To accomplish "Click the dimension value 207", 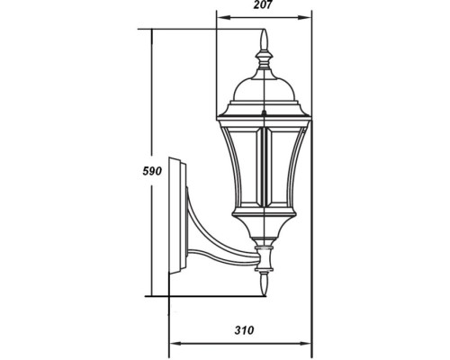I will click(262, 5).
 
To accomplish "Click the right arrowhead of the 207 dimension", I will click(304, 17).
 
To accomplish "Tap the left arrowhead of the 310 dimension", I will click(175, 343).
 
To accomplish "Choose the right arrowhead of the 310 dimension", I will click(304, 343).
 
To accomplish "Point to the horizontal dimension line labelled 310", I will click(239, 343).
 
